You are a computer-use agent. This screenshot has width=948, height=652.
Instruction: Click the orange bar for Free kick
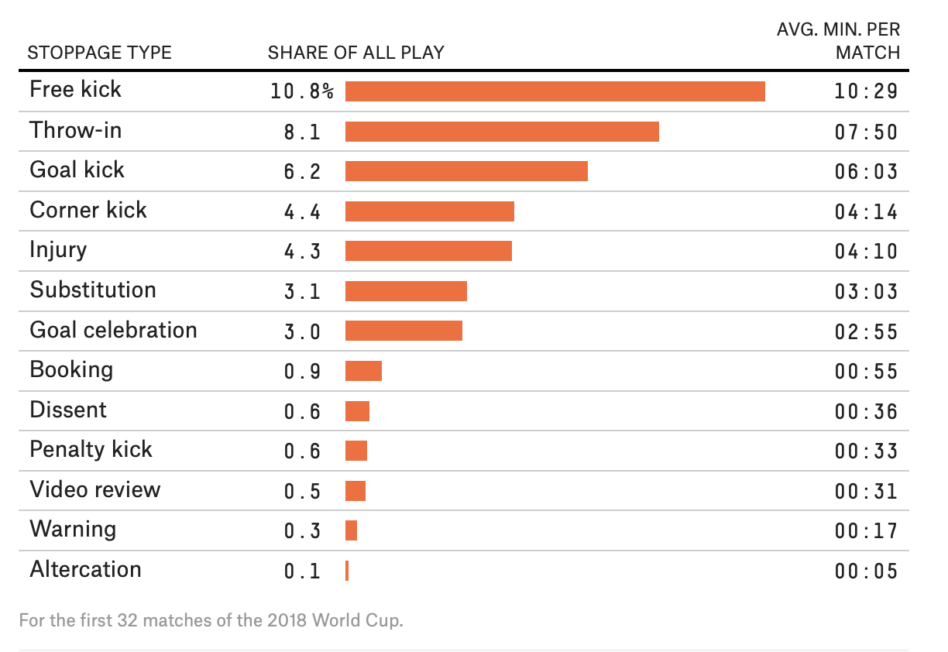click(x=555, y=91)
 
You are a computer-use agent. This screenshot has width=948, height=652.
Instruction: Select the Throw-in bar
click(x=502, y=132)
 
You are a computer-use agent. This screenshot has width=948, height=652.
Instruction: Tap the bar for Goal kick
click(x=466, y=171)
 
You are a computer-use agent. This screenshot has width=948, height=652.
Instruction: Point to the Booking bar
click(x=363, y=371)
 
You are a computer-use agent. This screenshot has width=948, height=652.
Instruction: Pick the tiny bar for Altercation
click(x=347, y=571)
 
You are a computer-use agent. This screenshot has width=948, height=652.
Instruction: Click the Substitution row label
click(x=93, y=290)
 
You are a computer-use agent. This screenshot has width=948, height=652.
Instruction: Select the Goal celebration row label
click(x=113, y=331)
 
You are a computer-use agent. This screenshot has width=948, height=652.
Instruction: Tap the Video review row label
click(x=95, y=490)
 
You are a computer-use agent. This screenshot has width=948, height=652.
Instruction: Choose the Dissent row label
click(x=68, y=410)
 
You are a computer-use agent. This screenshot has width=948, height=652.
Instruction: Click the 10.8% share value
click(x=302, y=91)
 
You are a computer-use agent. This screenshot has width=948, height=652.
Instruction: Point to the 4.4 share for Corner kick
click(x=302, y=211)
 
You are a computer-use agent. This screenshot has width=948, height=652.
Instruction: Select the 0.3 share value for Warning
click(x=302, y=531)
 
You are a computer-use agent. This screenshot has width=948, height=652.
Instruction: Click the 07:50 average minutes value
click(x=866, y=132)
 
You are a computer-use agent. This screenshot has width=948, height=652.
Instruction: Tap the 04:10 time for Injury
click(x=866, y=252)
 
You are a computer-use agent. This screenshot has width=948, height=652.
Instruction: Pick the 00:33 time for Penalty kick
click(x=866, y=451)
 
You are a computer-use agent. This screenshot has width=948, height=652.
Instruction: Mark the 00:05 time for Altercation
click(x=866, y=571)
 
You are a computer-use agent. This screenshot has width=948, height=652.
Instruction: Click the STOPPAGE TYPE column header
click(x=99, y=53)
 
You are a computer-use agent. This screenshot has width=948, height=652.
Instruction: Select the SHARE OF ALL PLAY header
click(x=355, y=53)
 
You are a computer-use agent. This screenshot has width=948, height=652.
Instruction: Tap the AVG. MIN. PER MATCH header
click(x=839, y=41)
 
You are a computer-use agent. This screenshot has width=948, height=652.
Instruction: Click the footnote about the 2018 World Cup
click(x=211, y=621)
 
